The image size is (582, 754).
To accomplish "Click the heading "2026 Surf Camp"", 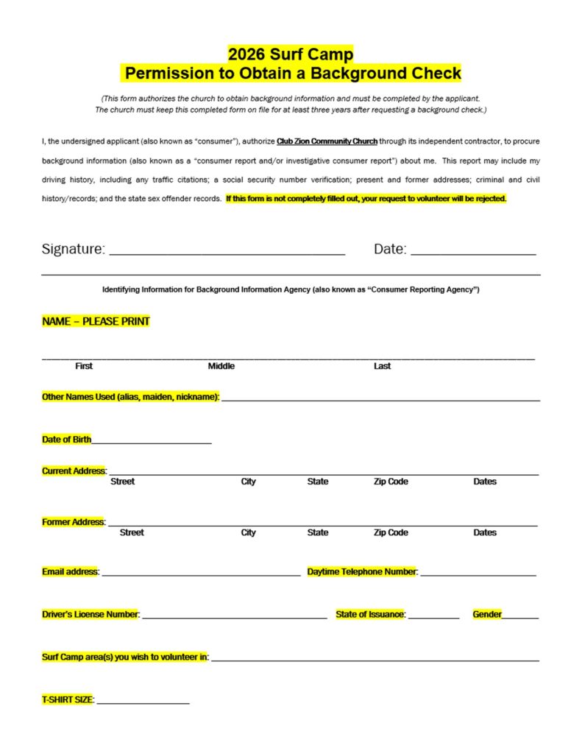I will coord(291,54).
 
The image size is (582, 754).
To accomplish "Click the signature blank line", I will coord(227,254).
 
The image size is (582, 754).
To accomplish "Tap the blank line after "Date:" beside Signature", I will coord(473,254).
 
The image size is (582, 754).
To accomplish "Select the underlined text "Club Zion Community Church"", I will coord(327,141).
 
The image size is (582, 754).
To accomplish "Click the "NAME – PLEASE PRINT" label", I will coord(96,322).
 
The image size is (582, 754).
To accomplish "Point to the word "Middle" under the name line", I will coord(221,366).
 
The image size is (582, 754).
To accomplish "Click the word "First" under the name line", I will coord(84,366).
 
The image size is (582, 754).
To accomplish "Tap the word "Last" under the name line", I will coord(382,366).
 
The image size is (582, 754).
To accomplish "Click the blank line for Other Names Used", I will coord(380,400).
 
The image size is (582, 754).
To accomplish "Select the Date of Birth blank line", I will coord(152,443).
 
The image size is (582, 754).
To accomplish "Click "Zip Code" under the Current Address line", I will coord(391,482).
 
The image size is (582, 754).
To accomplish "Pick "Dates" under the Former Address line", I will coord(485,532).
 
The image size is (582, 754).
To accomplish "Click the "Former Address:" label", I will coord(74,522).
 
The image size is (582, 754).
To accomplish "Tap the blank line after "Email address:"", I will coord(201,574).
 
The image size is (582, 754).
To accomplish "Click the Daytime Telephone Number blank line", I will coord(478,574).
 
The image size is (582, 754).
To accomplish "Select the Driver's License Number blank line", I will coord(234,618).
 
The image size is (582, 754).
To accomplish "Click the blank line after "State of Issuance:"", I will coord(433,618).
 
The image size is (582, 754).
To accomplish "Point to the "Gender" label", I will coord(487,614).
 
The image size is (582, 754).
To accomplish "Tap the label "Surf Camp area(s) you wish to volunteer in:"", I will coord(125,657).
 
